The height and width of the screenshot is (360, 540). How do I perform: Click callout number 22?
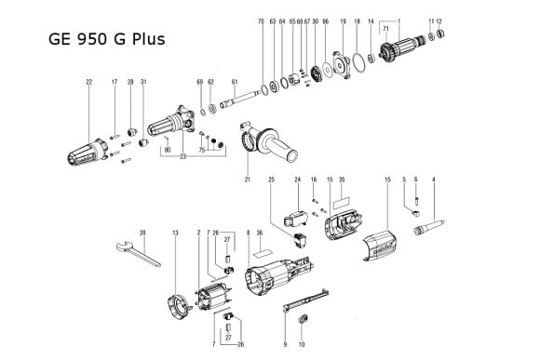pos(89,83)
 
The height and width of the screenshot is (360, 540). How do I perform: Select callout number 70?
pos(261,20)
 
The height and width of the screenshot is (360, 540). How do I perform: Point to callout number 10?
pos(301,343)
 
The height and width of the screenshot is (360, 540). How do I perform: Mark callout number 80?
pos(167,149)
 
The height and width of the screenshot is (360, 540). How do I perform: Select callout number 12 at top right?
pos(439,20)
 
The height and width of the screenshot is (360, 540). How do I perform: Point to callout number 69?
pos(199,83)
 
